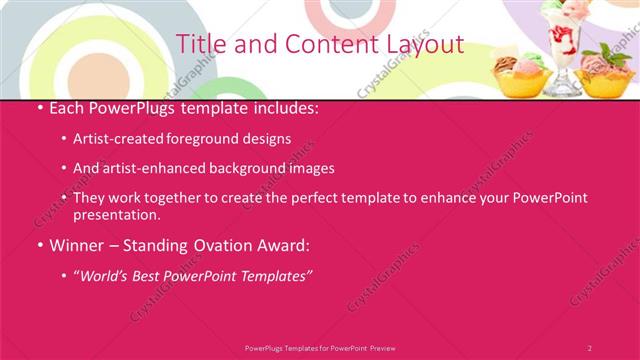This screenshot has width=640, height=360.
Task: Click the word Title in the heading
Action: [x=199, y=45]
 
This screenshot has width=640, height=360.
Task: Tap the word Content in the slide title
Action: [x=322, y=45]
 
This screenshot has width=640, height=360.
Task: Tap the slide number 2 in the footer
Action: [x=589, y=347]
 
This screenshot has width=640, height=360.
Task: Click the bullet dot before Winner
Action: [x=39, y=245]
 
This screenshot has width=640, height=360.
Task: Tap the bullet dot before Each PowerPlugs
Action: [x=39, y=107]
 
